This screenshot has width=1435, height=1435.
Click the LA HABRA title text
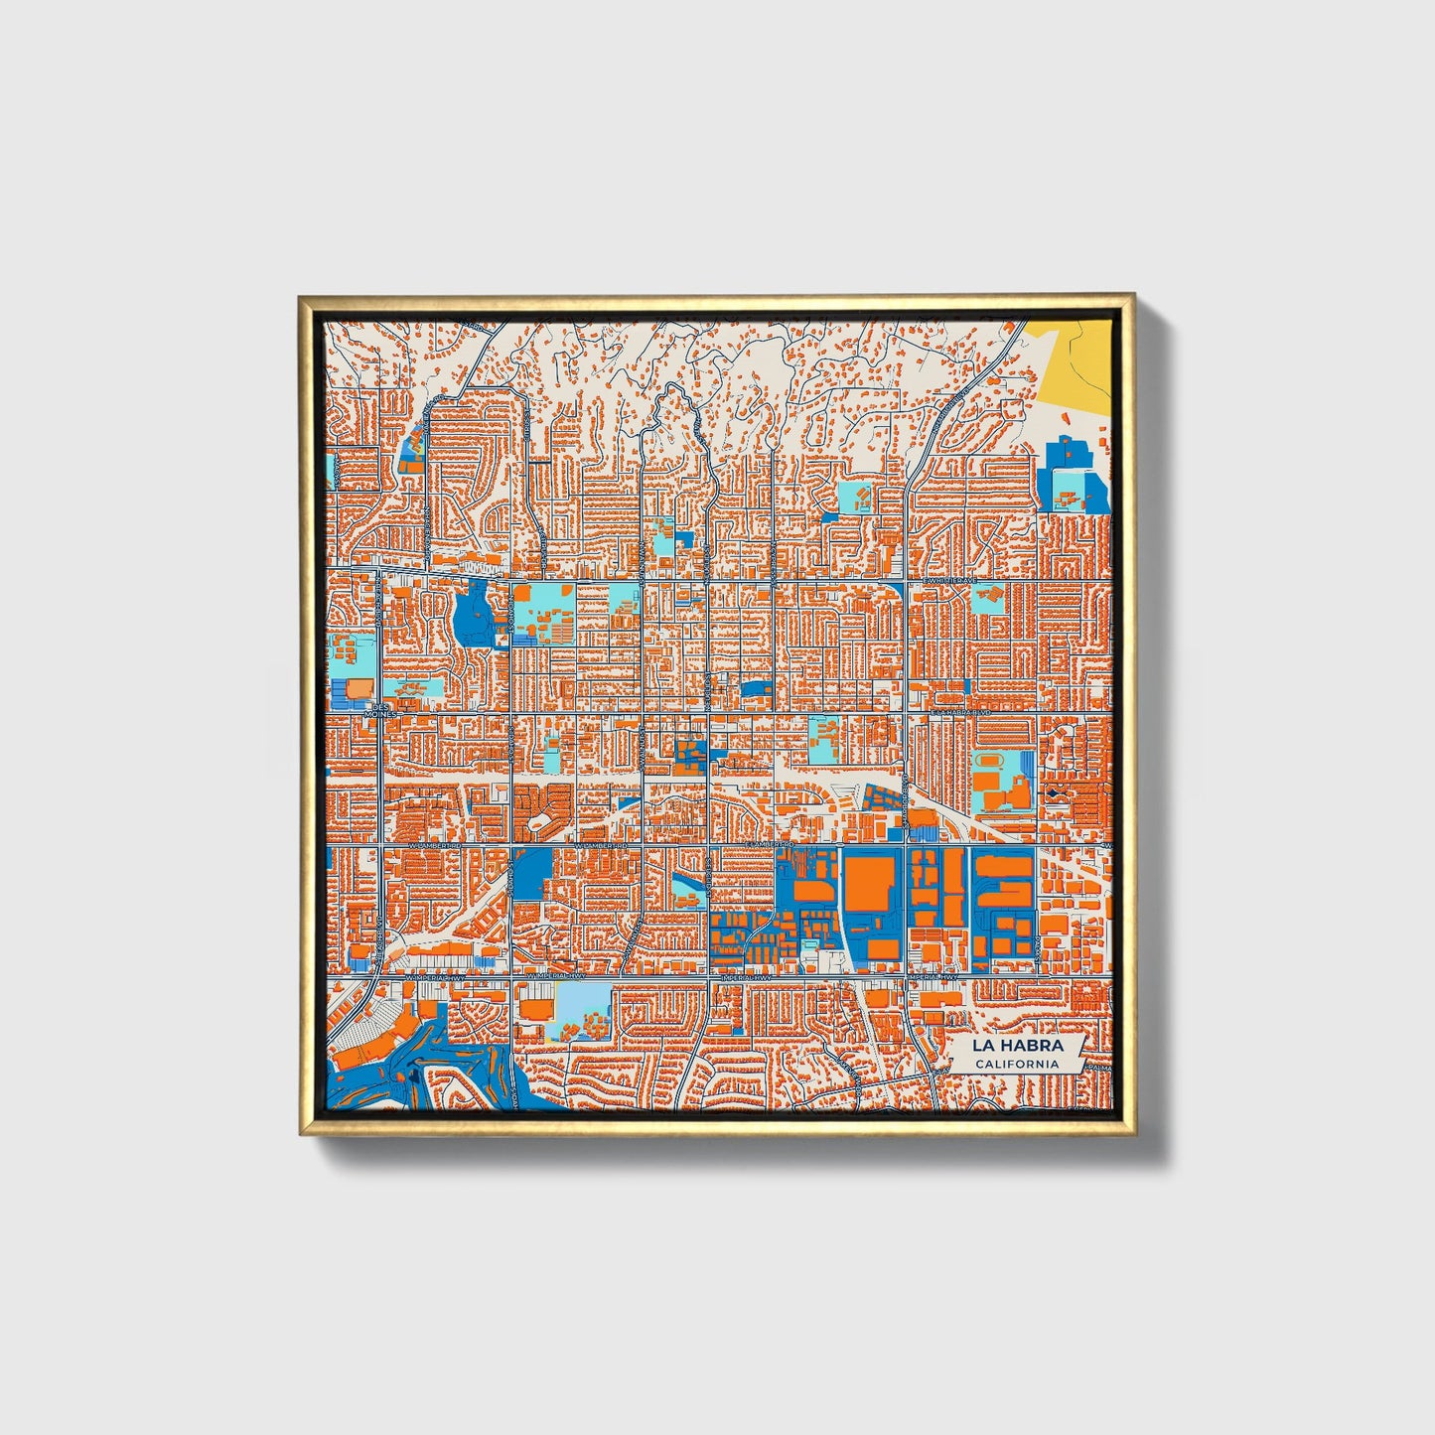click(x=1017, y=1046)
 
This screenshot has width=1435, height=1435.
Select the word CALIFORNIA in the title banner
click(x=1016, y=1064)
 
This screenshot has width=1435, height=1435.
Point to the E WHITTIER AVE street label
click(x=949, y=580)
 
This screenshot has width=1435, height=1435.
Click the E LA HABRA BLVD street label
click(x=961, y=713)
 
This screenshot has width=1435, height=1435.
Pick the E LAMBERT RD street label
click(x=774, y=845)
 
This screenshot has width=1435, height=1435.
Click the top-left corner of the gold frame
click(x=301, y=297)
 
